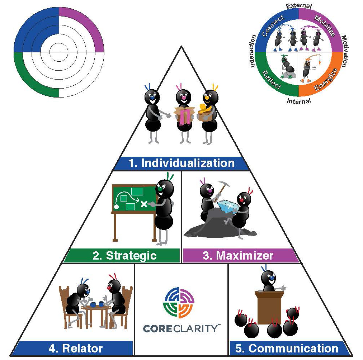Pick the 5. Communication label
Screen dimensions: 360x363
[287, 348]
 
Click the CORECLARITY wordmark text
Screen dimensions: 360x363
[181, 328]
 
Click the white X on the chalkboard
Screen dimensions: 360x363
[143, 204]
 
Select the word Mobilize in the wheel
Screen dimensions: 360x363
[324, 26]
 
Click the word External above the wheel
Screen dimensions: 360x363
[299, 5]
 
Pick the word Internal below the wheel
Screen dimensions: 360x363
[299, 101]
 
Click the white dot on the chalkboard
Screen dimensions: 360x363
[116, 207]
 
